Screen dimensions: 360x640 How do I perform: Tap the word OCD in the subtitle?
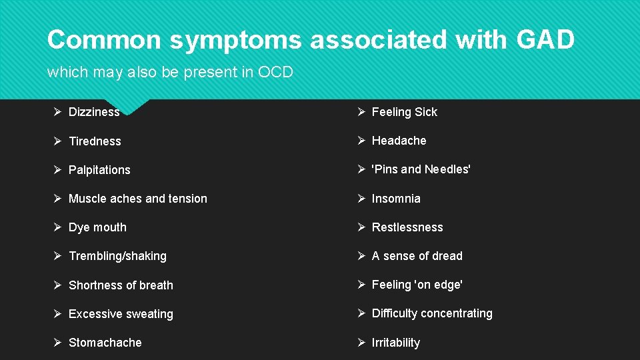(275, 73)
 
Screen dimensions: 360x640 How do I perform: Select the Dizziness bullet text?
(94, 112)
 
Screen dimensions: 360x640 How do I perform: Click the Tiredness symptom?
(95, 141)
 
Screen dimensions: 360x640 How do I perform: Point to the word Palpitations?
(99, 170)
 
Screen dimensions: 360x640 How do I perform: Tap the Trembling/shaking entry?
(117, 256)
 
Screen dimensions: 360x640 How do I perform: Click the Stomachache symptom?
(105, 343)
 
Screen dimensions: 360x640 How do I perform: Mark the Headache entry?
(399, 141)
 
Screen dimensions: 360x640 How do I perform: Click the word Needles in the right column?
(447, 169)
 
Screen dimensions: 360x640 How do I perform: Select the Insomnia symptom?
(396, 199)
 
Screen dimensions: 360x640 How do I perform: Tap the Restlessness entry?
(407, 227)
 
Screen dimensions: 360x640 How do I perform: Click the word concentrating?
(458, 313)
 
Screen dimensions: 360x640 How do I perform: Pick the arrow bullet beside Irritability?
(361, 343)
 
